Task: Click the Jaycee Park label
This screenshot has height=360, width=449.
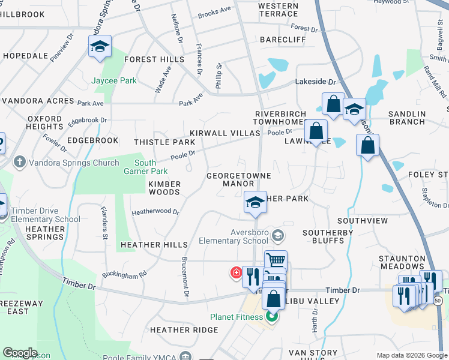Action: coord(114,80)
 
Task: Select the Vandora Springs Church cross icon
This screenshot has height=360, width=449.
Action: coord(19,163)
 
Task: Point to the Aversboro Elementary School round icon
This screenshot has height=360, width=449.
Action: coord(277,234)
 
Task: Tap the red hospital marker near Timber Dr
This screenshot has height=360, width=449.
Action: coord(236,273)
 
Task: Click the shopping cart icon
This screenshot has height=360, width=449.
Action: coord(276,261)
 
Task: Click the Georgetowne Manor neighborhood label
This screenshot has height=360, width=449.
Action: coord(239,180)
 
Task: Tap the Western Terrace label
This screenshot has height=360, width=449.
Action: coord(278,10)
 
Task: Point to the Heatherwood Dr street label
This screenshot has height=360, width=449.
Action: coord(155,212)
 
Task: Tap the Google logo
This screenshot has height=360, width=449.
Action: coord(20,352)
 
